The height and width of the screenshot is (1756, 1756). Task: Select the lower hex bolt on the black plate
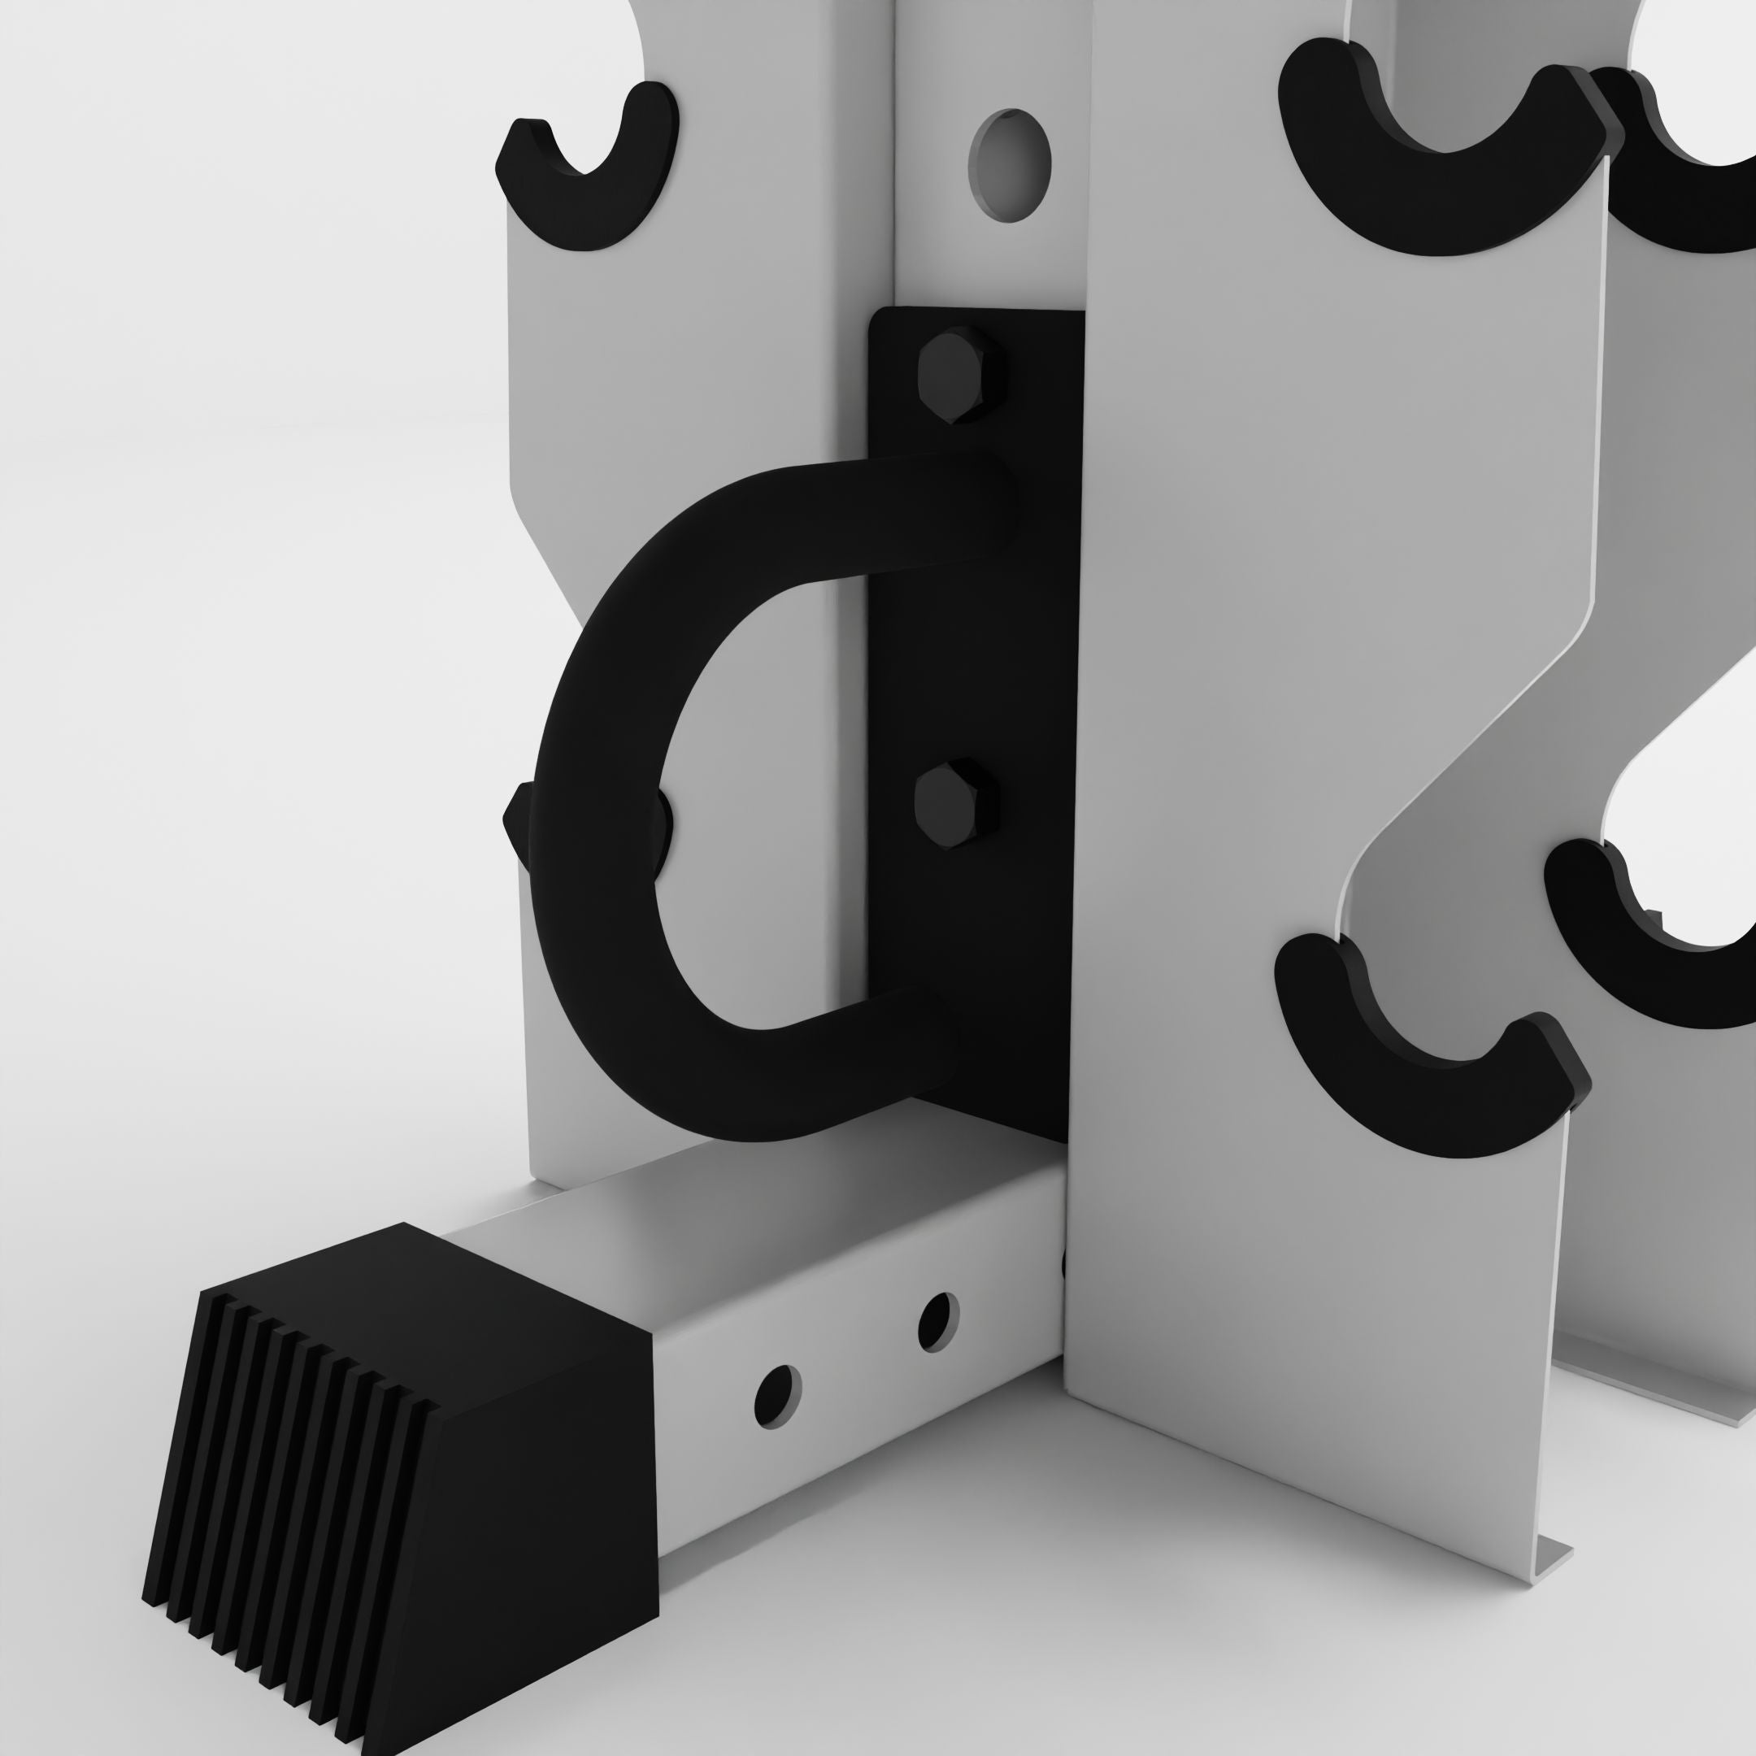954,804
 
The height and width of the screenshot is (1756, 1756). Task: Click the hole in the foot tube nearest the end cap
777,1395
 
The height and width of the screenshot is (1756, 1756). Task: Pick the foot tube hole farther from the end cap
937,1320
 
